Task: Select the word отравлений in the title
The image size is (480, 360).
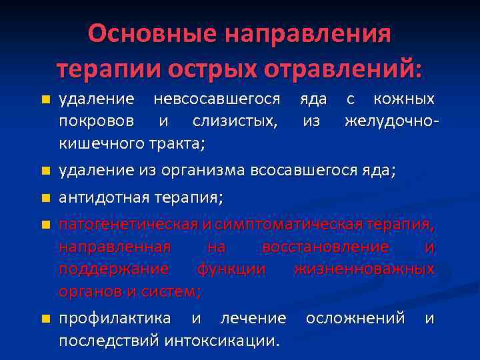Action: pyautogui.click(x=344, y=69)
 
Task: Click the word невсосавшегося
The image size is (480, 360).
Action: pyautogui.click(x=217, y=99)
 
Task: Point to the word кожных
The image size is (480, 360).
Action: pyautogui.click(x=404, y=99)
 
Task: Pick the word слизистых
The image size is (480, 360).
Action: pyautogui.click(x=237, y=121)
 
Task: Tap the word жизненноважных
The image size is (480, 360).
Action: pyautogui.click(x=373, y=269)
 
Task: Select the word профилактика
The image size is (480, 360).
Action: pyautogui.click(x=115, y=318)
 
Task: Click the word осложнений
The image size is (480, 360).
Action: pyautogui.click(x=355, y=318)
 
